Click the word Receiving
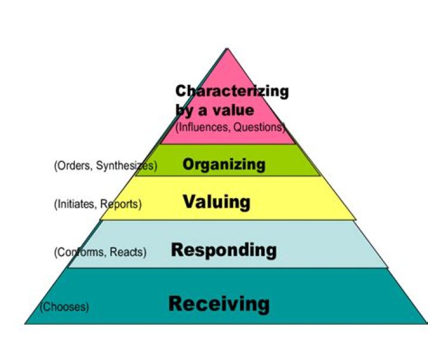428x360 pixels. [219, 303]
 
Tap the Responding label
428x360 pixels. [224, 250]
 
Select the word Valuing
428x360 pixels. [216, 202]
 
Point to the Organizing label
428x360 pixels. [224, 164]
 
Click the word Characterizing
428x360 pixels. [232, 92]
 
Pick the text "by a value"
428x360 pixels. [215, 110]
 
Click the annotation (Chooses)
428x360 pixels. [64, 307]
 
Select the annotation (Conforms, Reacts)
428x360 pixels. [100, 252]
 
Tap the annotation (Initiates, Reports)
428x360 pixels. [97, 204]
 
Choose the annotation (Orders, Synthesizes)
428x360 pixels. [105, 166]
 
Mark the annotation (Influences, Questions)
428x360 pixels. [231, 127]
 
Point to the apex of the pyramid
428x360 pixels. [227, 49]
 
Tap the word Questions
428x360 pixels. [259, 127]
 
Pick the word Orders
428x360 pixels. [71, 166]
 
